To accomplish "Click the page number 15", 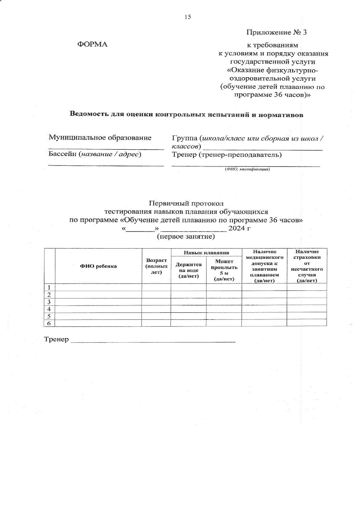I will tap(188, 17).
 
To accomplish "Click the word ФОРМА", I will tap(92, 44).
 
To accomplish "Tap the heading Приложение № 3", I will tap(276, 32).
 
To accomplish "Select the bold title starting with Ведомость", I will tap(186, 115).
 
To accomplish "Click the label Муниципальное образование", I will tap(100, 138).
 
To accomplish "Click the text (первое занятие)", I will tap(186, 237).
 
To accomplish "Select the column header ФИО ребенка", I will tap(98, 266).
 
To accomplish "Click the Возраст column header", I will tap(156, 266).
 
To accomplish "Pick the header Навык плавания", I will tap(206, 253).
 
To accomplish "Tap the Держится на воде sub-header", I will tap(188, 270).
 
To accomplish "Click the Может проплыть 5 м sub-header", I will tap(224, 270).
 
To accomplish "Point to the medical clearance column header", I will tap(264, 266).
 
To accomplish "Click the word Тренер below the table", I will tap(56, 340).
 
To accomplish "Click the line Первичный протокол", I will tap(186, 204).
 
